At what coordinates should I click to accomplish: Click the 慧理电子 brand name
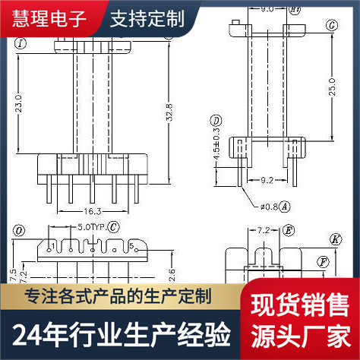click(50, 17)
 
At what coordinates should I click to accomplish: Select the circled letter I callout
click(21, 43)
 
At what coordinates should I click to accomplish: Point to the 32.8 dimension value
click(170, 112)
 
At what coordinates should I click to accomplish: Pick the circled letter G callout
click(331, 25)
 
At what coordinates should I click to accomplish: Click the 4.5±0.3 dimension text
click(216, 150)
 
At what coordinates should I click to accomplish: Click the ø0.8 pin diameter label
click(269, 205)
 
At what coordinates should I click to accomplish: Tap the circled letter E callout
click(289, 229)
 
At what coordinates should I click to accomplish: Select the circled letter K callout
click(335, 238)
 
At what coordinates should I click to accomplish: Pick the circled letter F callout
click(323, 262)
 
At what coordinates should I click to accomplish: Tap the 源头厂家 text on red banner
click(299, 333)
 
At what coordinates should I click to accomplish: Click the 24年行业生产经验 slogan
click(122, 333)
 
